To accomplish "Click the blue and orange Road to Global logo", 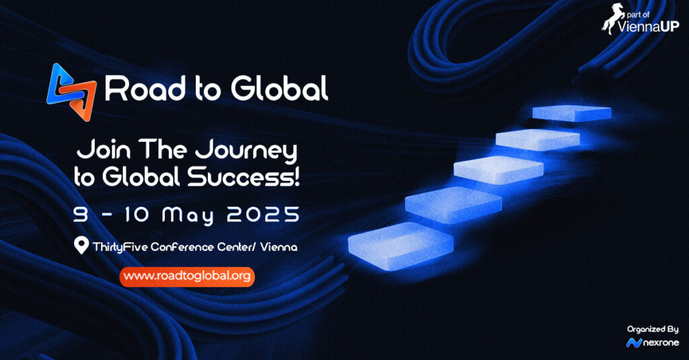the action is pos(71,92).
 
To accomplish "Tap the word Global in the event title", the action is pos(279,88).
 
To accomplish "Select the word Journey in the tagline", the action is pos(246,151).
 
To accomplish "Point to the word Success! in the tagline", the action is pos(244,177).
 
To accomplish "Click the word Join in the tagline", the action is pos(104,149).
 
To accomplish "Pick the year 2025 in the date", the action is pos(263,215).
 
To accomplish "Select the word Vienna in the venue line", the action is pos(279,247).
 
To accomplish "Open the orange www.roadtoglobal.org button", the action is pos(187,277).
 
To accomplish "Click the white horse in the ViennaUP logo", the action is pos(612,18).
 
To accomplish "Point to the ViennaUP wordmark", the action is pos(648,27).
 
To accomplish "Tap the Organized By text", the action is pos(653,329).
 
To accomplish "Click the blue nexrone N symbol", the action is pos(634,343).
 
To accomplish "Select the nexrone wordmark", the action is pos(661,343).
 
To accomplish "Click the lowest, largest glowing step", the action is pos(401,246).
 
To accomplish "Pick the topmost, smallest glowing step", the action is pos(572,113).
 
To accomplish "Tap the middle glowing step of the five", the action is pos(499,170).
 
